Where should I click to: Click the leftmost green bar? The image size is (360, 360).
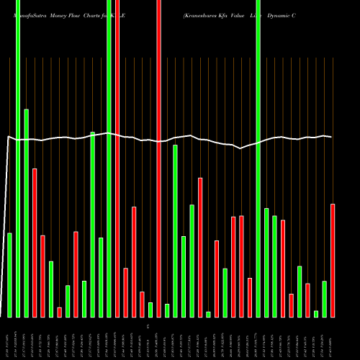click(x=9, y=275)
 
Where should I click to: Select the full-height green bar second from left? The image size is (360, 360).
click(x=18, y=158)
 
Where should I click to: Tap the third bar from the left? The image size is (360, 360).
click(x=26, y=212)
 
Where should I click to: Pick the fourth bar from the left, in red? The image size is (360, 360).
click(x=35, y=243)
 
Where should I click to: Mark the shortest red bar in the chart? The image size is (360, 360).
click(x=60, y=312)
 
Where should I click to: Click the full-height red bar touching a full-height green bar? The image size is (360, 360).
click(x=117, y=158)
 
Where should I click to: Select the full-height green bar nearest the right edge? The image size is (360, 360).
click(x=258, y=158)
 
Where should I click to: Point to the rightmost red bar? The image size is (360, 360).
click(x=333, y=260)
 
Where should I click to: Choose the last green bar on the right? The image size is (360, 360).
click(x=325, y=299)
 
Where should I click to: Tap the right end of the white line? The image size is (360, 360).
click(x=332, y=137)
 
